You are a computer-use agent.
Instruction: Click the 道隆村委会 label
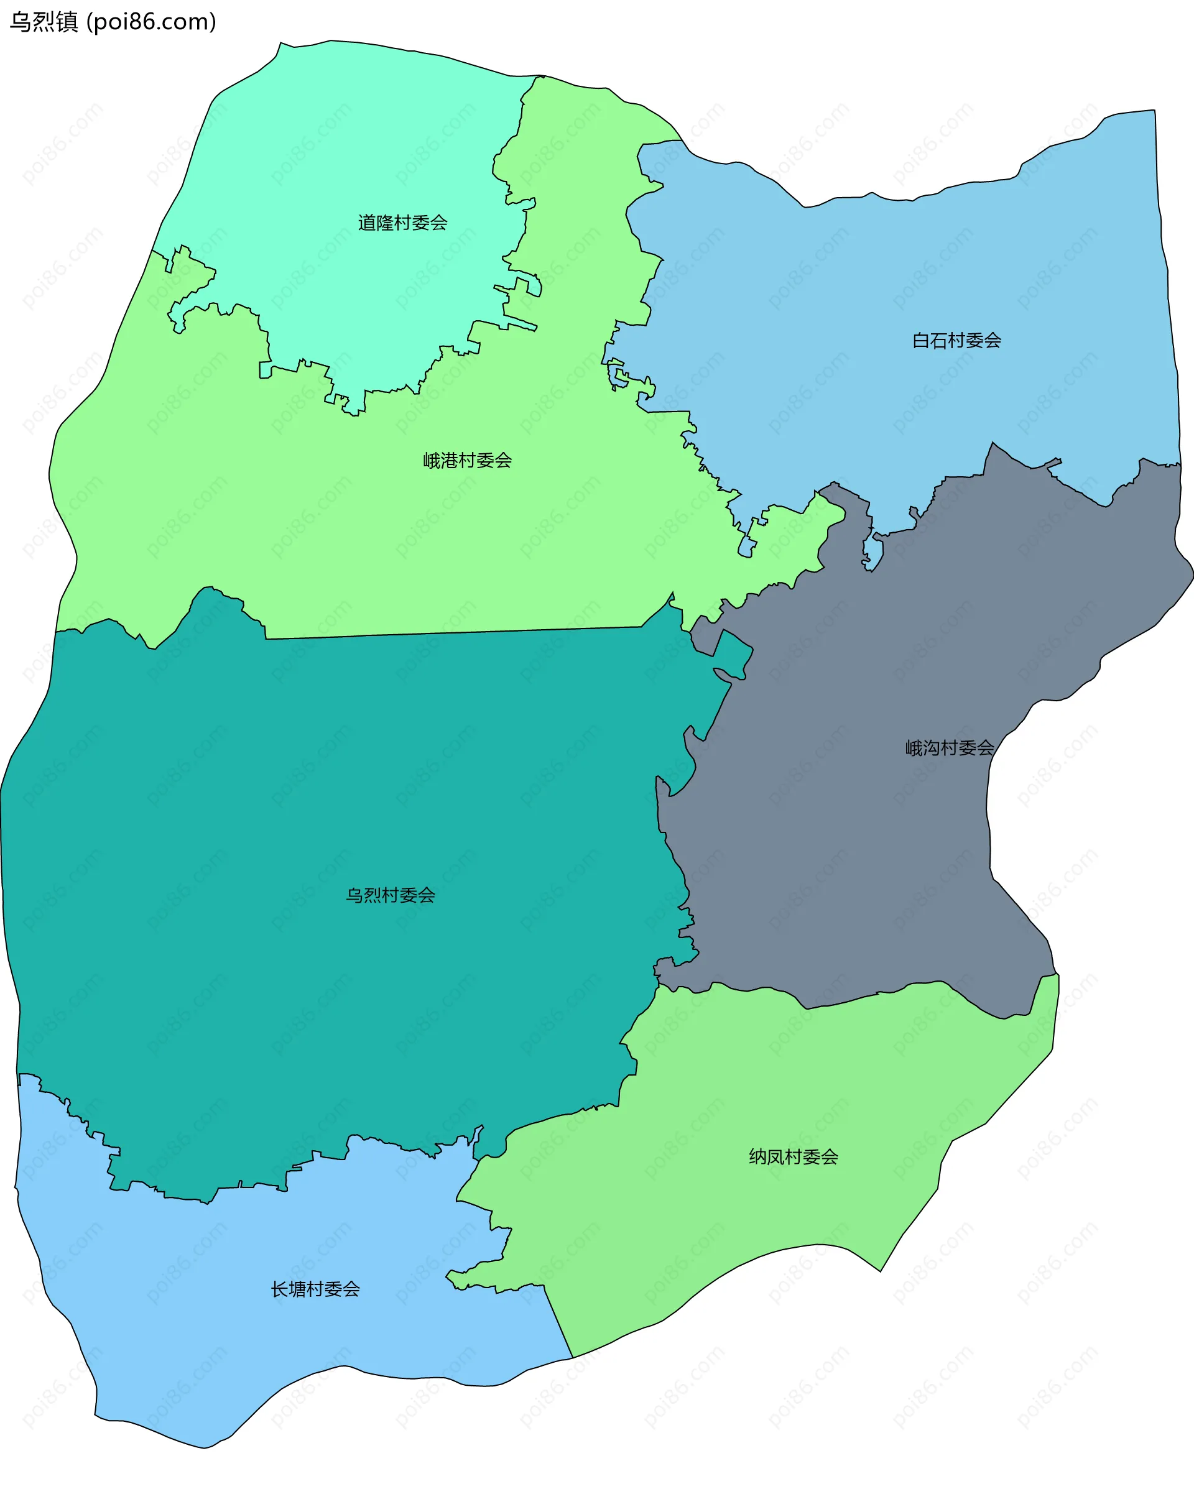(402, 223)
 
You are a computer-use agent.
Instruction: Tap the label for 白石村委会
(956, 341)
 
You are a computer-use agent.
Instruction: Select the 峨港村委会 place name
(467, 460)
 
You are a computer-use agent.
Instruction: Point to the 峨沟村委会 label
(950, 748)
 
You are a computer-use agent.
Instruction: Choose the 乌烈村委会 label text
(391, 895)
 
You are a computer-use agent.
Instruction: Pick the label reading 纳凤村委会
(794, 1157)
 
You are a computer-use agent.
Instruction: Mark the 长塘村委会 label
(315, 1289)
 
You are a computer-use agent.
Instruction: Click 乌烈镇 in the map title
(44, 22)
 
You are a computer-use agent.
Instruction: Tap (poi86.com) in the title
(151, 22)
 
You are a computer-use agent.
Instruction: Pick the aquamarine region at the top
(359, 138)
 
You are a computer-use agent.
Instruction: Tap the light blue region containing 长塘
(207, 1347)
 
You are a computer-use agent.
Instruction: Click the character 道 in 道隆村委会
(367, 223)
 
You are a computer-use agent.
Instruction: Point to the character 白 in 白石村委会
(921, 341)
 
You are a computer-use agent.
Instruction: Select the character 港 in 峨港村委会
(450, 460)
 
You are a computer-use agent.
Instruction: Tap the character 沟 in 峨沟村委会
(932, 748)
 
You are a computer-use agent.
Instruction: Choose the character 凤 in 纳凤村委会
(776, 1157)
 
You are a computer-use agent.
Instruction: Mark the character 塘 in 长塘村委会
(298, 1289)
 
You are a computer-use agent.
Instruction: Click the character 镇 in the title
(67, 22)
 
